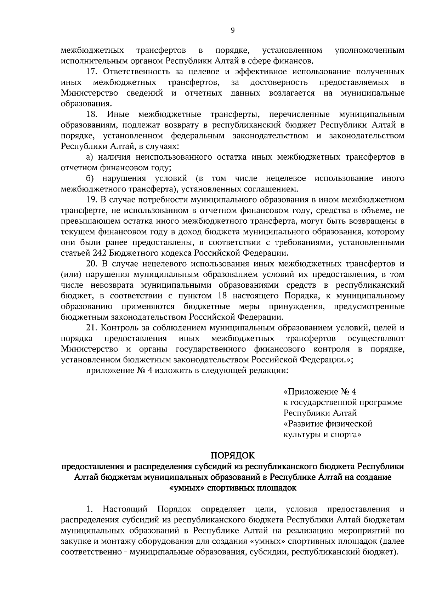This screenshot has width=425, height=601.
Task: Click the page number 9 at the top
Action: click(x=232, y=30)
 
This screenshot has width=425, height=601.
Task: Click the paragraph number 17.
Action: click(x=92, y=72)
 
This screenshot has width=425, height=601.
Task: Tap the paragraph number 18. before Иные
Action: click(x=92, y=114)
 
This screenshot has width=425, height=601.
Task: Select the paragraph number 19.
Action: click(x=92, y=200)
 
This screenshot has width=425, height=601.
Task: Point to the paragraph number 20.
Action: click(x=92, y=264)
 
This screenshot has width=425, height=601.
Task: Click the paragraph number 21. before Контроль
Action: click(x=92, y=328)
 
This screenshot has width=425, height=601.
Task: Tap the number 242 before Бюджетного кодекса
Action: click(x=99, y=253)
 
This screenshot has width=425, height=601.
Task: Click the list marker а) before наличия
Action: click(x=90, y=157)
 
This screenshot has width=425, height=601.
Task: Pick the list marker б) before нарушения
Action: click(x=90, y=178)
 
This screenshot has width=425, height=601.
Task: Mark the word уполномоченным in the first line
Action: click(x=369, y=50)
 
